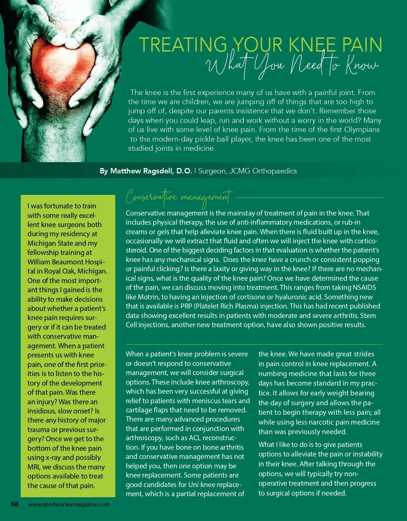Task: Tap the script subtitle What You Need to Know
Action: point(293,66)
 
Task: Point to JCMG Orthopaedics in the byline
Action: point(263,171)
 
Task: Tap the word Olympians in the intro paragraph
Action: point(362,130)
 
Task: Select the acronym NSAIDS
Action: point(364,287)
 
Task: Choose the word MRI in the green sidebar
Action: point(33,467)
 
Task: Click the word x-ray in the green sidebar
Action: point(53,458)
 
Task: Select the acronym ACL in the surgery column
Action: point(195,438)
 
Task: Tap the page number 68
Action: point(15,504)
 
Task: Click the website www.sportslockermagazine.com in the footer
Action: point(69,504)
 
